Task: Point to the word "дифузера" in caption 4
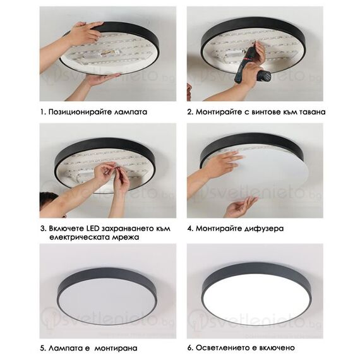[259, 228]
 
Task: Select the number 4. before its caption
[189, 228]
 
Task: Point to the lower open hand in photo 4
[241, 207]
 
